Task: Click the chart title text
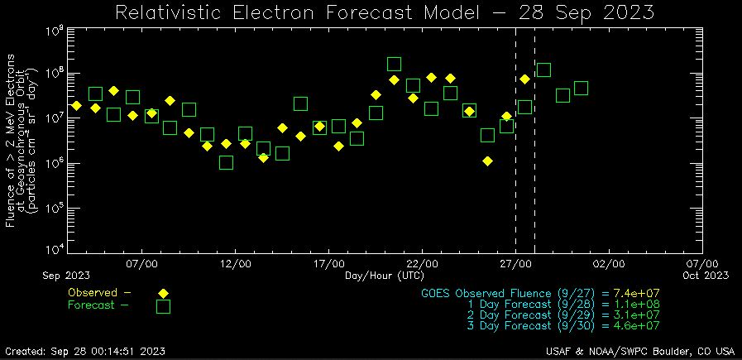pos(385,13)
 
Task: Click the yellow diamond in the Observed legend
pos(164,293)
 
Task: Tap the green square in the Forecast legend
pos(164,306)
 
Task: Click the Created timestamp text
pos(84,351)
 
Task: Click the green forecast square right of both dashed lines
pos(543,70)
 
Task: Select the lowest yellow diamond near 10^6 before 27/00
pos(488,161)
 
